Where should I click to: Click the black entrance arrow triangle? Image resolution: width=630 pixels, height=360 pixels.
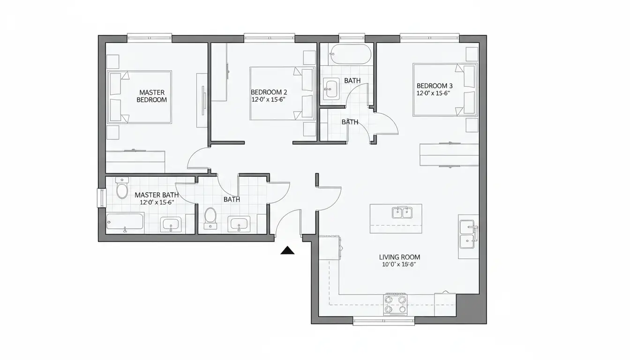pos(287,250)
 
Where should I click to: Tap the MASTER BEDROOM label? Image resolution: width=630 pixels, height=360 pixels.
pos(152,96)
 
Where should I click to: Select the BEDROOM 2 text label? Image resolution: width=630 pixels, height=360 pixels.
pos(269,92)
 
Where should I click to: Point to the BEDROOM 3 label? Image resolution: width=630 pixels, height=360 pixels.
pos(435,86)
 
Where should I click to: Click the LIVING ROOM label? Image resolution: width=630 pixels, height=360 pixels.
pos(399,257)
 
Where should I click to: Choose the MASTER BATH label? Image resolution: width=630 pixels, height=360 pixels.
pos(157,195)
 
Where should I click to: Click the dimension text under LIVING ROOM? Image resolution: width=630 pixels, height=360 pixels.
pos(399,264)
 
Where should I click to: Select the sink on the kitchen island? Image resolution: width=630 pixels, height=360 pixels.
pos(402,213)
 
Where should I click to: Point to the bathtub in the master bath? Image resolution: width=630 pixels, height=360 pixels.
pos(125,222)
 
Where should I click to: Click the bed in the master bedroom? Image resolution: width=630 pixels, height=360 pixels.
pos(140,97)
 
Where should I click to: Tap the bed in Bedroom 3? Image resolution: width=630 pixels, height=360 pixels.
pos(445,90)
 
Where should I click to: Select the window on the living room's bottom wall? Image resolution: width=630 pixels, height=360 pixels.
pos(383,321)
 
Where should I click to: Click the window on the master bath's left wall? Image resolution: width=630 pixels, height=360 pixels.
pos(101,198)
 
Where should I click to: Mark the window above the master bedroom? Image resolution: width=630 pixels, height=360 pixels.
pos(150,38)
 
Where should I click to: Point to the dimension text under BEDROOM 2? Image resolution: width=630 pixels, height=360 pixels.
pos(268,99)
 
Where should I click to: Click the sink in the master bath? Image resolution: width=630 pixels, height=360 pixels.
pos(171,225)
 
